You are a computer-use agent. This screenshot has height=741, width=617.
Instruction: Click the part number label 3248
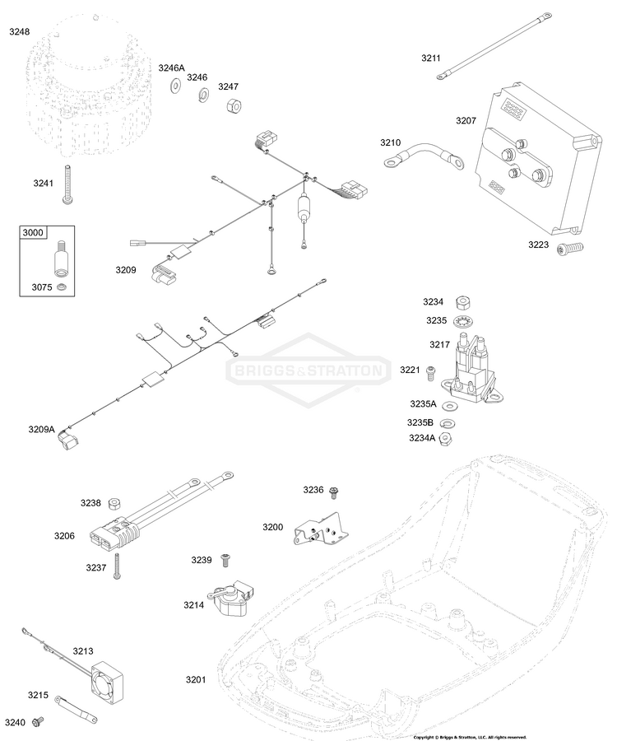coord(19,31)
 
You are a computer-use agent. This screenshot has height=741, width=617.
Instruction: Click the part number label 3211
coord(431,58)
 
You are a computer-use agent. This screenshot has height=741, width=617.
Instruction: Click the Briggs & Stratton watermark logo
coord(308,370)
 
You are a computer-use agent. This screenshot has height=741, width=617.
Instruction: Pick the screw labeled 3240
coord(37,723)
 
